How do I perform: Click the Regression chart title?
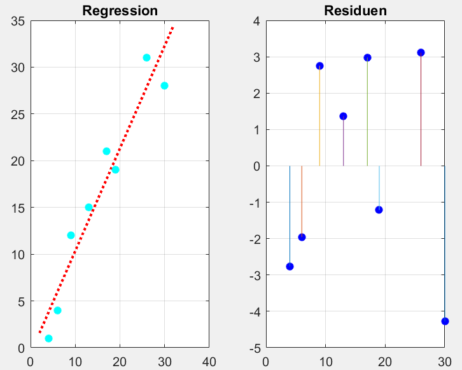coord(120,11)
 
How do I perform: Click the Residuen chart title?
coord(355,11)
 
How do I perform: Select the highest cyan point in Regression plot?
coord(146,57)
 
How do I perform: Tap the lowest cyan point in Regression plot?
coord(48,338)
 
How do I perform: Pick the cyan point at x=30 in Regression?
coord(164,85)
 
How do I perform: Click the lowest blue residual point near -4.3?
coord(445,321)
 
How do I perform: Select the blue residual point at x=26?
coord(421,52)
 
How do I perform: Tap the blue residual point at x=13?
coord(343,116)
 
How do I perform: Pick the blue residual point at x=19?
coord(379,210)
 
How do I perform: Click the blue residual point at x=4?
coord(290,266)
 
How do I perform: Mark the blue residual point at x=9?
coord(319,66)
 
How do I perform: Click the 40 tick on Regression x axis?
coord(209,361)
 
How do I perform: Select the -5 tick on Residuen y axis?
coord(253,348)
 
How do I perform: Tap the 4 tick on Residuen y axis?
coord(256,21)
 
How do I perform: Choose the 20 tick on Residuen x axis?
coord(385,361)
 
